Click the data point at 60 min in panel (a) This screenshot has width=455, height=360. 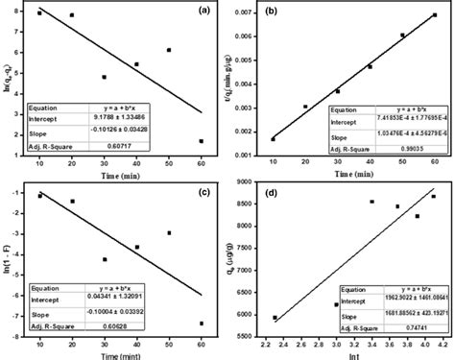coord(200,141)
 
